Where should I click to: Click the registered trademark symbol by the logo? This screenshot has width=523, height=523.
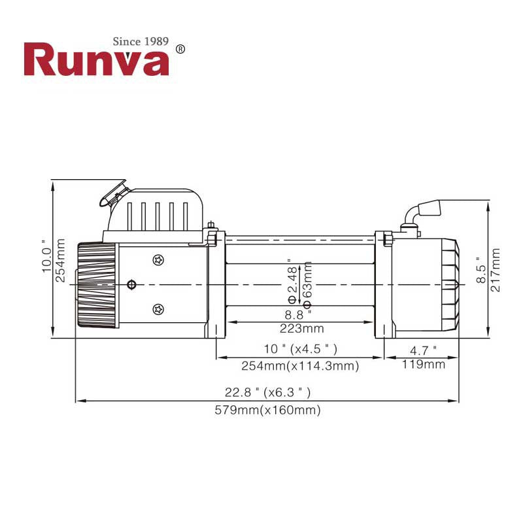coord(181,49)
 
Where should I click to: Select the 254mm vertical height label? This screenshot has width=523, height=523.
coord(61,260)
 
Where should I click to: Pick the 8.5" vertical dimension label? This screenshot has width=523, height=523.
coord(481,269)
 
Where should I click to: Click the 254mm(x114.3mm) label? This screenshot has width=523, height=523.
coord(301,367)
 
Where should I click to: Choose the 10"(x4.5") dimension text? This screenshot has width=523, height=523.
coord(301,349)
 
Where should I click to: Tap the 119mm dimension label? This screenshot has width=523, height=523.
coord(423,364)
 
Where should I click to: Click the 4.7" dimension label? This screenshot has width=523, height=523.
coord(423,350)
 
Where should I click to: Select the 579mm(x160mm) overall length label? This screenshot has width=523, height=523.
coord(268,411)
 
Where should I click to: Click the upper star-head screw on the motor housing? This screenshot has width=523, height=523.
coord(157,260)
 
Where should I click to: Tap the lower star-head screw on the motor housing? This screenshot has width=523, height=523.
coord(157,309)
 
